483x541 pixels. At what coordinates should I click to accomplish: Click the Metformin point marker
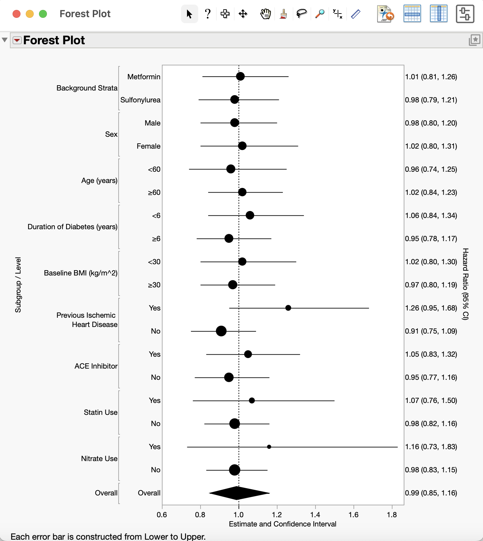(240, 76)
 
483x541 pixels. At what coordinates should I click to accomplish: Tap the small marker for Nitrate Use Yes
(269, 447)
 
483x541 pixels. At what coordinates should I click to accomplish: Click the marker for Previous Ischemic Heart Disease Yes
(288, 308)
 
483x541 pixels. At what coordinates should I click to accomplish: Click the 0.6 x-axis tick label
(162, 515)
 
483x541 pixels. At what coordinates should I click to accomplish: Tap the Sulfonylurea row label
(140, 100)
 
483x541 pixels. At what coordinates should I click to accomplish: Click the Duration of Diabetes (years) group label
(72, 227)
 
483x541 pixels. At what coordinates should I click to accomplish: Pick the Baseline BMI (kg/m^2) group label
(81, 273)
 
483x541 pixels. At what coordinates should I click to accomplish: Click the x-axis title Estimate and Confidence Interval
(282, 524)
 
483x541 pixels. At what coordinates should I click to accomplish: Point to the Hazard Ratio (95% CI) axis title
(465, 284)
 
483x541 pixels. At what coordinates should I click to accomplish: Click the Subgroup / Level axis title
(18, 285)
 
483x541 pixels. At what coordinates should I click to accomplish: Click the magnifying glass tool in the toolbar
(319, 14)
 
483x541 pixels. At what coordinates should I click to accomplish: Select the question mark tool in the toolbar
(207, 14)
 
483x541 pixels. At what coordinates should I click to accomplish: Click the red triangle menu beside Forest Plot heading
(17, 40)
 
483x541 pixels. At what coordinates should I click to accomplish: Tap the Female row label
(148, 146)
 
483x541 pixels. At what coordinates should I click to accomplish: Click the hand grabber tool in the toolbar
(265, 14)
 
